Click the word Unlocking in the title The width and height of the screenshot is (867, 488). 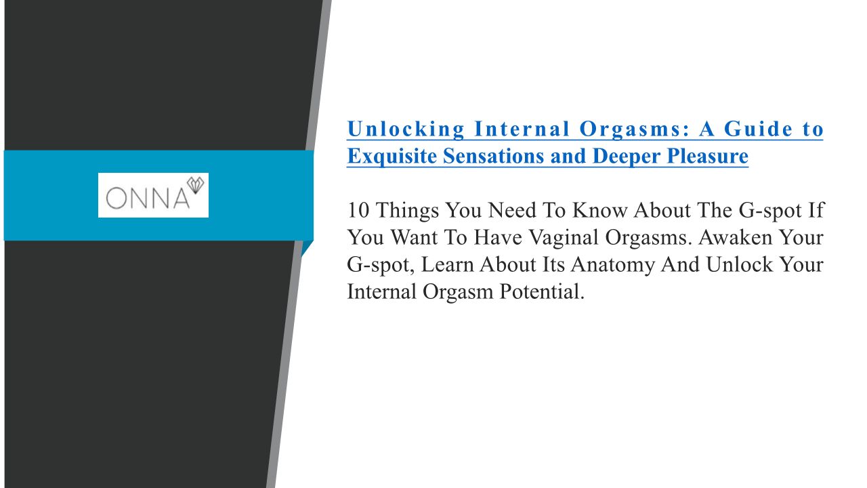coord(406,129)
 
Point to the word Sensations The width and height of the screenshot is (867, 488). coord(494,156)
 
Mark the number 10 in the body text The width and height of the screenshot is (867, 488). coord(358,210)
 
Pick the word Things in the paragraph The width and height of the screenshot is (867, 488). coord(408,211)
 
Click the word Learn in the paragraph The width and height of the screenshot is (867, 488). coord(447,264)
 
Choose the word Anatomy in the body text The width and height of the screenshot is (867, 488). coord(613,265)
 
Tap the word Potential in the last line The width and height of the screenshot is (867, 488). coord(542,291)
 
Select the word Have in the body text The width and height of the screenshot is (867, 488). coord(498,237)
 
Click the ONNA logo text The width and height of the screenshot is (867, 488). coord(148,199)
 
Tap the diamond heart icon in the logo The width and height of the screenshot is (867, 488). coord(196,185)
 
